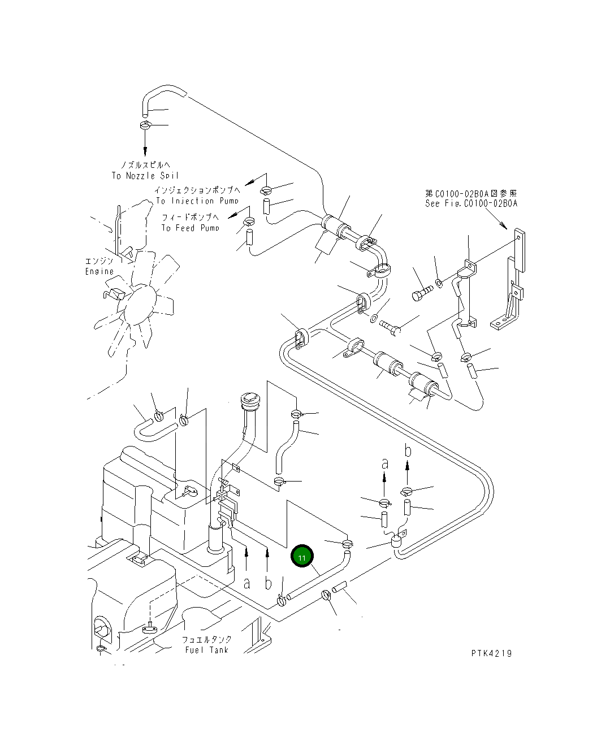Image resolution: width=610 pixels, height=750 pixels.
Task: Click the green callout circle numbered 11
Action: point(302,557)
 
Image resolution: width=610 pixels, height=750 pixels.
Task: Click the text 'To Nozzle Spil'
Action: point(145,176)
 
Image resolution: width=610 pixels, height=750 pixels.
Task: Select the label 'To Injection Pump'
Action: point(197,201)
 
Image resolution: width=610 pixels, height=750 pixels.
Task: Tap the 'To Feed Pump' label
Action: point(190,228)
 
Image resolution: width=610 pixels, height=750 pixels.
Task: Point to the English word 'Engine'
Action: point(99,271)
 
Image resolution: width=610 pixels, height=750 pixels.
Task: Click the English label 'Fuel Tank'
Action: point(207,650)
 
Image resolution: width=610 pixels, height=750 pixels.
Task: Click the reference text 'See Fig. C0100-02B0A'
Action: point(471,203)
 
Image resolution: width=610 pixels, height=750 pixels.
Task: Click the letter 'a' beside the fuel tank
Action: point(246,583)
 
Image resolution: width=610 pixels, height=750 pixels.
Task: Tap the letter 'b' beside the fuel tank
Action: point(268,583)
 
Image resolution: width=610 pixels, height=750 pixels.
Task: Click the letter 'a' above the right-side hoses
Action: point(385,463)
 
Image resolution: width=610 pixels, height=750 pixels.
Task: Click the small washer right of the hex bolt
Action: point(439,282)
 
